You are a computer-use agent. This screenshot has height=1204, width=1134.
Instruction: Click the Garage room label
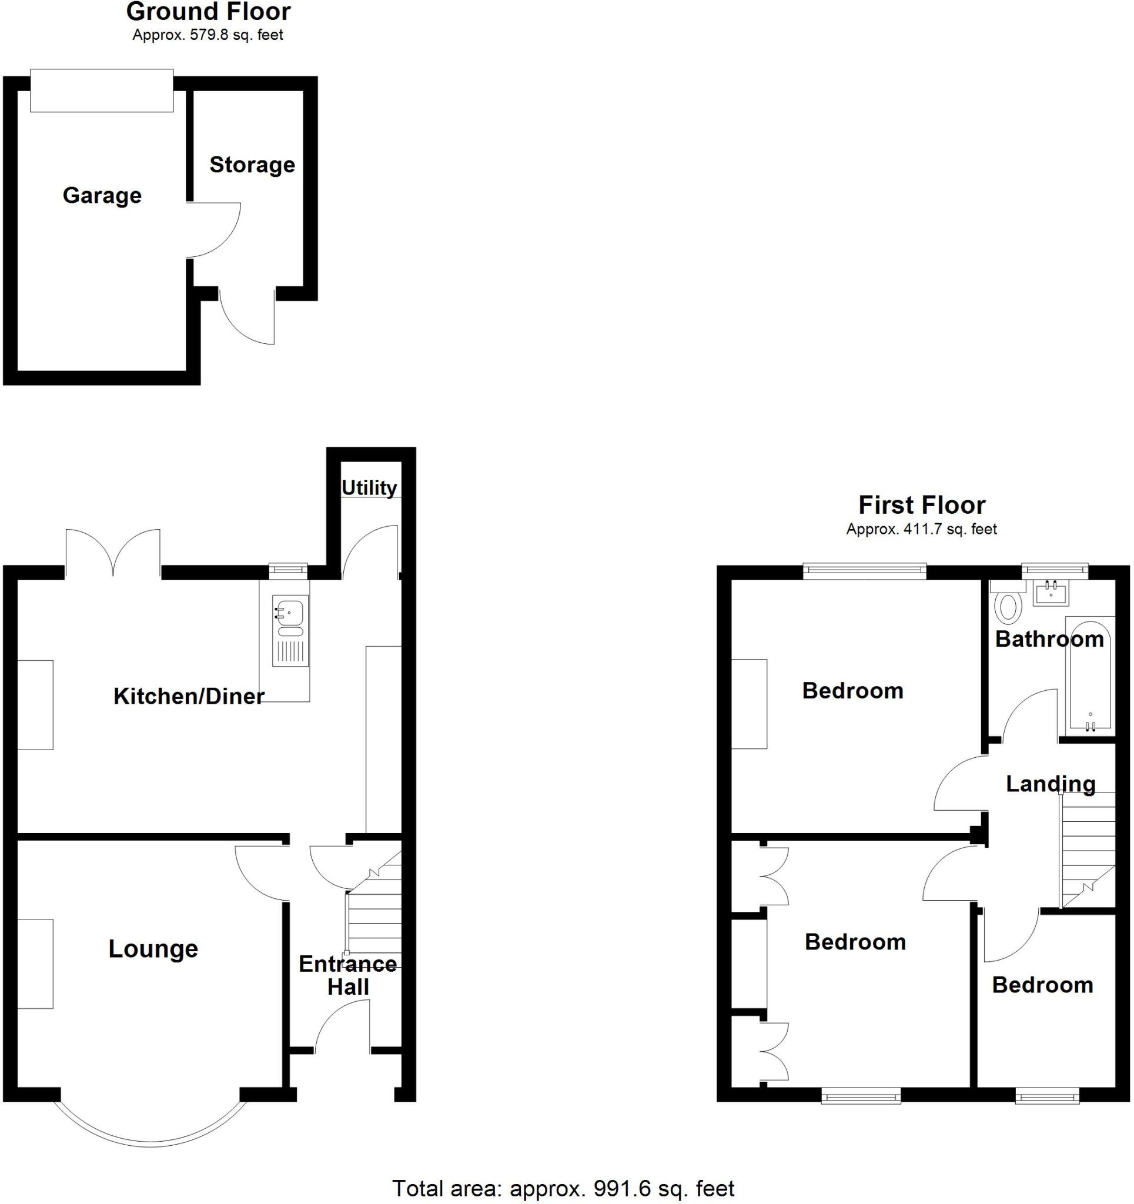click(102, 196)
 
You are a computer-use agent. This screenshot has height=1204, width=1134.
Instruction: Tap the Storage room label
click(252, 165)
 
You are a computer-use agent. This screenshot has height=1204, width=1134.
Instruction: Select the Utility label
click(369, 487)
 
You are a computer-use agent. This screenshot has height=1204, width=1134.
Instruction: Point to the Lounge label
click(153, 948)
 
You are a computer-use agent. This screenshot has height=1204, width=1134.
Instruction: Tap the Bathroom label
click(1049, 639)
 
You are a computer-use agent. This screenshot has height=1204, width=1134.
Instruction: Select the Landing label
click(1051, 784)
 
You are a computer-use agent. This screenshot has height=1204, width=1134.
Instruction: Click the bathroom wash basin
click(1052, 593)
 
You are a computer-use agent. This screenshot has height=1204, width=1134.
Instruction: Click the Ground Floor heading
click(208, 12)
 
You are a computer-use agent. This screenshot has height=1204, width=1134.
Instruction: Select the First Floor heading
click(921, 505)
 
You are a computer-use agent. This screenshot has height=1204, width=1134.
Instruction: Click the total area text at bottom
click(563, 1188)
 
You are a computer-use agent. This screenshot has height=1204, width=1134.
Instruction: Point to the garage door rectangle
click(102, 91)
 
